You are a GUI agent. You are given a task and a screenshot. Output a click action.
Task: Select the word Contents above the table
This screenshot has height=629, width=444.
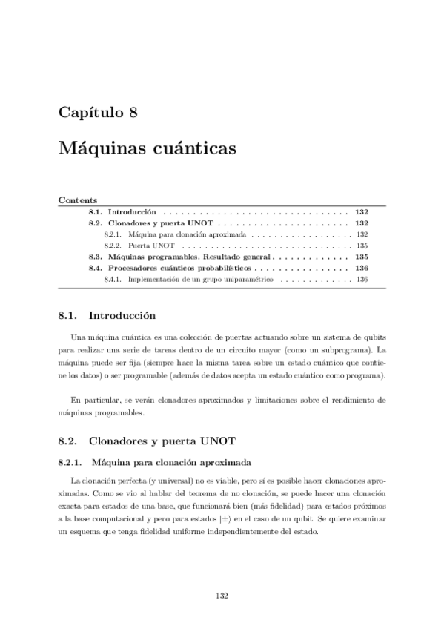(73, 200)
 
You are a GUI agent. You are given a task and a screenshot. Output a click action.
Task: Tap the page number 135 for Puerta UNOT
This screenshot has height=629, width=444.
(362, 245)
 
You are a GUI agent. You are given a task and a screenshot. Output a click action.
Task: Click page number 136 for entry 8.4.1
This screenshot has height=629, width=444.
(362, 280)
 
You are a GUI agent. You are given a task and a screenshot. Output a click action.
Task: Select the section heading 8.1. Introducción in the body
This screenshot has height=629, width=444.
(107, 315)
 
